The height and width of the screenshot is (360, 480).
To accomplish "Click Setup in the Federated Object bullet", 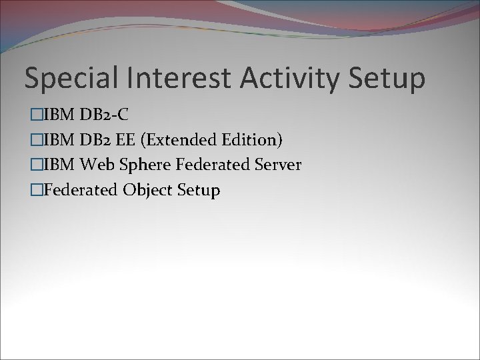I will tap(199, 190).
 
